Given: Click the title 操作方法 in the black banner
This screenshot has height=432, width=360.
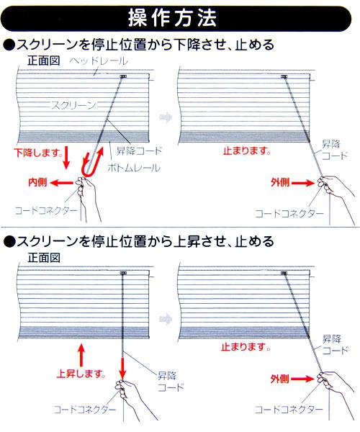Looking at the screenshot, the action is click(172, 19).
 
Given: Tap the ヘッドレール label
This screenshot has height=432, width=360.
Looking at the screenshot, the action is click(99, 61).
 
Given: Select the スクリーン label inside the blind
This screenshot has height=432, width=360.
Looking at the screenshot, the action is click(73, 105).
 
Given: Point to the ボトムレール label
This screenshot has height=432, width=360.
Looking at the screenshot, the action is click(134, 168).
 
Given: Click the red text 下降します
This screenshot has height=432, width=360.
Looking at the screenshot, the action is click(38, 153).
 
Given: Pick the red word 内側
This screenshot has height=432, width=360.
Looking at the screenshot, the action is click(37, 182).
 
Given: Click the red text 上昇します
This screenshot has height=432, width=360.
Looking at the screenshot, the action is click(81, 374).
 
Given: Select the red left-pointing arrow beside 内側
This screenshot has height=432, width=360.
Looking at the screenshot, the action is click(62, 182).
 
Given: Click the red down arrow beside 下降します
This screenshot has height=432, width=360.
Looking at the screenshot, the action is click(66, 159).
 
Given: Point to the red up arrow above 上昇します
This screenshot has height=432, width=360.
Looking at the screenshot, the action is click(81, 356).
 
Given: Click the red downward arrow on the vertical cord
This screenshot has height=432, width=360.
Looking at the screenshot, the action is click(122, 369).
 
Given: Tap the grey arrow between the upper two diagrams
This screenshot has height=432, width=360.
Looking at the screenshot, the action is click(166, 117).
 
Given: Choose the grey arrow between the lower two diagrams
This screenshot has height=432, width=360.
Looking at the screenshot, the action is click(166, 319).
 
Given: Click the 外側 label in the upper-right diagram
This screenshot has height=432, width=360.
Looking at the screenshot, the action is click(280, 182).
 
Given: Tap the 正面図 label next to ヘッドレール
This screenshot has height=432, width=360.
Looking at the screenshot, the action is click(44, 60).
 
